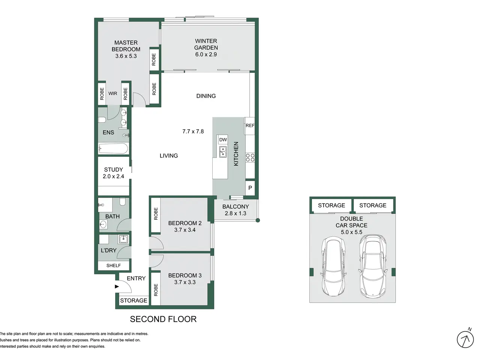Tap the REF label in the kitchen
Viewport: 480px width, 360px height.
click(x=250, y=126)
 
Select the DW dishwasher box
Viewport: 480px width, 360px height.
click(x=223, y=139)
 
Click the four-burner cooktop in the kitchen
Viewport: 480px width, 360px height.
click(x=250, y=157)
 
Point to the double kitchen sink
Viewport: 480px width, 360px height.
click(x=223, y=152)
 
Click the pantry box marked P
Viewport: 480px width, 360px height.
click(x=250, y=187)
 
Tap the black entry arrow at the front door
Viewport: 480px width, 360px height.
click(x=117, y=286)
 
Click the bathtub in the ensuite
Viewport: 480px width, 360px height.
click(x=113, y=148)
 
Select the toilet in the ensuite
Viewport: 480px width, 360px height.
click(x=102, y=120)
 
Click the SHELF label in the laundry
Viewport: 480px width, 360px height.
click(x=114, y=265)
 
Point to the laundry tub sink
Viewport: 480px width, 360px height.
click(x=123, y=239)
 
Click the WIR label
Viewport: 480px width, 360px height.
click(x=112, y=93)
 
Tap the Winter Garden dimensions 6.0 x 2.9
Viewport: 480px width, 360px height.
click(x=206, y=54)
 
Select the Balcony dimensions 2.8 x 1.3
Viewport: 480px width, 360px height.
click(x=235, y=213)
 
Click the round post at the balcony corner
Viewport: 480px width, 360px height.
click(x=258, y=220)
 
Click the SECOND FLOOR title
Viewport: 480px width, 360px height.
click(x=163, y=319)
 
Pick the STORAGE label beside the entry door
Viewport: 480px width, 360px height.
click(x=133, y=300)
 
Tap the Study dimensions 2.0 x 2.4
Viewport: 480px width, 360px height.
click(x=114, y=176)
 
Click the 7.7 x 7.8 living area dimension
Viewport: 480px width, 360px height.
click(x=193, y=131)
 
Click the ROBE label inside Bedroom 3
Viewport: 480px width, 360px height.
click(x=156, y=290)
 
